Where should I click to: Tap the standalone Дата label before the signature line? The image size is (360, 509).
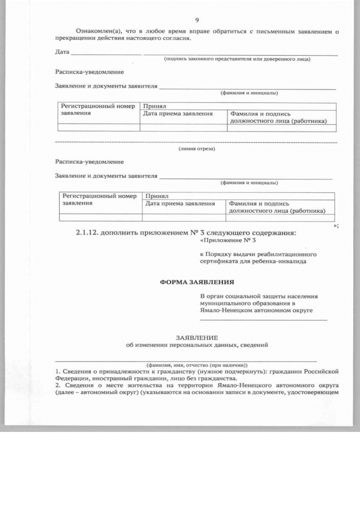coord(62,52)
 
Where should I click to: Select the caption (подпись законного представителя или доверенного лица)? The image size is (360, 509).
coord(237,59)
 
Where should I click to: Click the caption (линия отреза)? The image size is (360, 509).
coord(196,149)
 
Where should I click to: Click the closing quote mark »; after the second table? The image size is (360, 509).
coord(336,225)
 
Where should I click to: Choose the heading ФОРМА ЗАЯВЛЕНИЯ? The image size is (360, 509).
coord(197,282)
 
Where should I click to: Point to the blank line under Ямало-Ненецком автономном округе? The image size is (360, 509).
coord(263,319)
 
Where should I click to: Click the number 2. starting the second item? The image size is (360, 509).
coord(58,386)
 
